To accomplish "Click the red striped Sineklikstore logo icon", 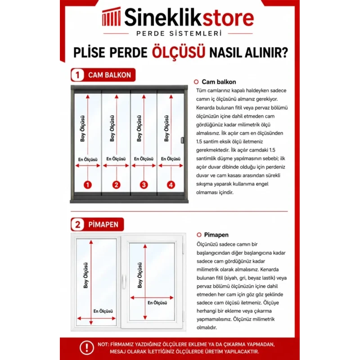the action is (x=111, y=16).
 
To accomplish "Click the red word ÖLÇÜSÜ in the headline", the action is (x=178, y=52).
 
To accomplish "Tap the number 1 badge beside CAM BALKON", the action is (x=77, y=75).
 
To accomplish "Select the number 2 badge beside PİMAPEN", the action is (x=77, y=224).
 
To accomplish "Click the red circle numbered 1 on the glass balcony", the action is (x=88, y=185).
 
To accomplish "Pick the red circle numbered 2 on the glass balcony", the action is (x=116, y=185).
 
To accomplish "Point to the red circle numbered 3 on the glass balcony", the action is (x=144, y=185).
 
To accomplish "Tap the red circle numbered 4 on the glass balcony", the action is (x=171, y=185).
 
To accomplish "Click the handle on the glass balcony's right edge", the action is (x=183, y=140).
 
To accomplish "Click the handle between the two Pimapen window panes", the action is (x=124, y=281).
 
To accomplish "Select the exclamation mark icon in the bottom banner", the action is (x=86, y=347).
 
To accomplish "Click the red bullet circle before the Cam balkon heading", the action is (x=196, y=82).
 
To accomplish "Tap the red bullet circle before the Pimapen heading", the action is (x=199, y=234).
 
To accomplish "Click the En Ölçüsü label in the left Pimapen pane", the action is (x=103, y=311).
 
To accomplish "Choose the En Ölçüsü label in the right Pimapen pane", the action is (x=157, y=303).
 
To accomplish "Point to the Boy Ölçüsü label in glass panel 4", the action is (x=166, y=128).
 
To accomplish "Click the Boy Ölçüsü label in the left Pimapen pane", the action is (x=85, y=275).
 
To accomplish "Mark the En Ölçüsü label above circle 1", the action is (x=88, y=159).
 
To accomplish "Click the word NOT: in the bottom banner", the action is (x=103, y=344).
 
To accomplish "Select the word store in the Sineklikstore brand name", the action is (x=229, y=18).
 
